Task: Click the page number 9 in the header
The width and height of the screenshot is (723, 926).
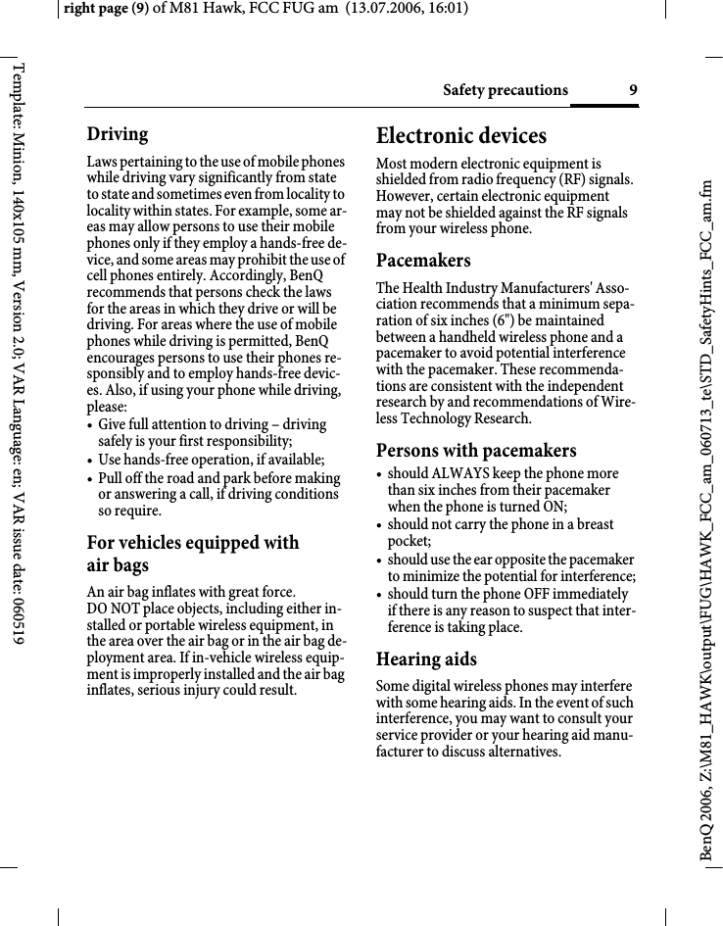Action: [x=633, y=91]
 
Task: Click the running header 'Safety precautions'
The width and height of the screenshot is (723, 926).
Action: [x=505, y=91]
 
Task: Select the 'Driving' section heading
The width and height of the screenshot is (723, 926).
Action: [x=118, y=134]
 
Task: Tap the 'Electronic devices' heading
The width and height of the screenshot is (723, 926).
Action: [x=461, y=135]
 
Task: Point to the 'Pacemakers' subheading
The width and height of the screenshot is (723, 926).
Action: [x=423, y=261]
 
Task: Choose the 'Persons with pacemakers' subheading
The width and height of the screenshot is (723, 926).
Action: [x=476, y=451]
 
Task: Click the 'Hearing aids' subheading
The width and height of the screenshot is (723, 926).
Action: [x=426, y=658]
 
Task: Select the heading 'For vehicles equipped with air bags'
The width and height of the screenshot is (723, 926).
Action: [x=192, y=554]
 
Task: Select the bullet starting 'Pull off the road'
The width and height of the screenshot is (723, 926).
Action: [x=217, y=494]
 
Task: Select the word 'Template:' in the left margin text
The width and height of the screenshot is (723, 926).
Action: [x=18, y=97]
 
